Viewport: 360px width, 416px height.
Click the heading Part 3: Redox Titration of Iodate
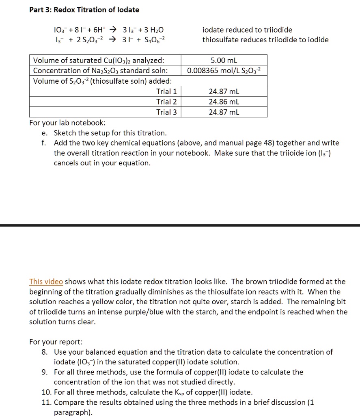84,9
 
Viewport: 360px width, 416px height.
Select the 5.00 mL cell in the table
224,61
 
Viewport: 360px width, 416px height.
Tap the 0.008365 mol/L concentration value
224,71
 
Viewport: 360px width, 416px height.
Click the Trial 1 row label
166,92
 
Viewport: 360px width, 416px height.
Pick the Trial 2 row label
166,102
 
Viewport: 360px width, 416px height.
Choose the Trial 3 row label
166,112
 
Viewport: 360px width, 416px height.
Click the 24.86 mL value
224,102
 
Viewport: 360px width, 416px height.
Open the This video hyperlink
46,282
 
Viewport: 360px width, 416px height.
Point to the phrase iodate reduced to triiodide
247,30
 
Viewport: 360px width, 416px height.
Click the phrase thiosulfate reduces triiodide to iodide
265,40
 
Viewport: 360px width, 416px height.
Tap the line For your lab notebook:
67,123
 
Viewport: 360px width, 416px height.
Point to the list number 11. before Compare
46,402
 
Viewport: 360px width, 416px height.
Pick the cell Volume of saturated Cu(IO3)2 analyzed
99,61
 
